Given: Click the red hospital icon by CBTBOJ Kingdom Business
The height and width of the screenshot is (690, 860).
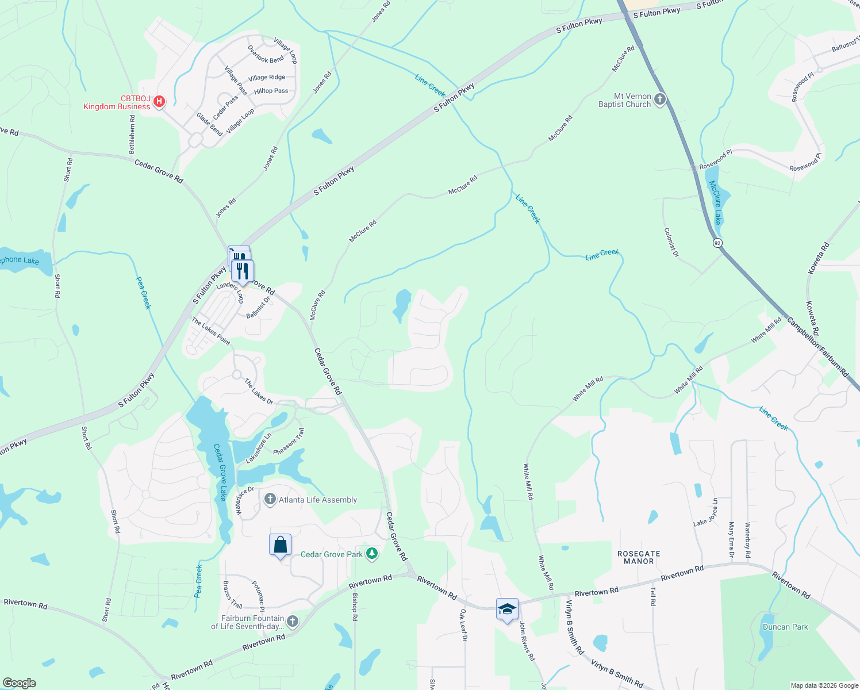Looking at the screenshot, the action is pos(159,102).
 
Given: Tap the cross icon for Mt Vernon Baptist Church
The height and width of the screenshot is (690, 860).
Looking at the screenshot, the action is pos(660,100).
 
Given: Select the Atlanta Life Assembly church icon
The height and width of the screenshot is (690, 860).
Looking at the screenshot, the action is pos(270,499).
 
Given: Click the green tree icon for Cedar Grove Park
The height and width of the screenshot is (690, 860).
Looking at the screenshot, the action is pos(372,554).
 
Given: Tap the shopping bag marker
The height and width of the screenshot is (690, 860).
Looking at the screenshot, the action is pos(280,544).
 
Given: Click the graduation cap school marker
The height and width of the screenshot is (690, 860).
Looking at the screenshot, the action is pos(507,609).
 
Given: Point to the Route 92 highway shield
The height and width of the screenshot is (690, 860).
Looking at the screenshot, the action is pos(717,243).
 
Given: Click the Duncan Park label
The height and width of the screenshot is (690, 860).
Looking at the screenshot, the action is pos(785,627).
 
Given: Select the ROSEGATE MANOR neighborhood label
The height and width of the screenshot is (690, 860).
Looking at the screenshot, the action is pos(639,557).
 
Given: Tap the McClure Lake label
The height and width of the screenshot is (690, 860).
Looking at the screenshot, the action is pos(715,202).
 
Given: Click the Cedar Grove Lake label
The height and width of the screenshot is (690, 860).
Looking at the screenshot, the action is pos(220,472).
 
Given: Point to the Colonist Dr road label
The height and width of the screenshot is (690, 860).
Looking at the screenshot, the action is pos(671,243).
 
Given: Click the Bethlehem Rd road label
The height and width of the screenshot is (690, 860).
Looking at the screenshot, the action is pos(132,134).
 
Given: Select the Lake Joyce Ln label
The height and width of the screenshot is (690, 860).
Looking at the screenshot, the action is pos(706,512).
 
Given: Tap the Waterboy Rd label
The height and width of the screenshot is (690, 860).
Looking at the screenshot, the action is pos(748,540).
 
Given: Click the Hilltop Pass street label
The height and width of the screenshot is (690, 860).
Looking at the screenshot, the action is pos(271,91).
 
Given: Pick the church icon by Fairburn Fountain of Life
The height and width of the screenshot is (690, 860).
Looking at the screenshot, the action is pos(293,621).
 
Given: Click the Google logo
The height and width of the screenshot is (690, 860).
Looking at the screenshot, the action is pos(20,683).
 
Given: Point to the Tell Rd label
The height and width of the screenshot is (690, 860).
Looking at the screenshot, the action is pos(653,596).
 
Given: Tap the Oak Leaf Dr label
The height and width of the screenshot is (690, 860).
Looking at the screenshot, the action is pos(463,625).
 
